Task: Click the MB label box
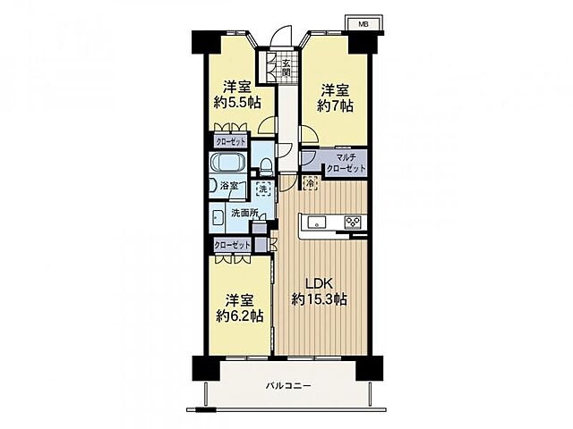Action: coord(363,24)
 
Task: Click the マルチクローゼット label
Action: coord(345,163)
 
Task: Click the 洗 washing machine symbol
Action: coord(262,189)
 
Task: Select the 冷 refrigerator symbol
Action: coord(310,184)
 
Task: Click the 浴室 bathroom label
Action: coord(229,186)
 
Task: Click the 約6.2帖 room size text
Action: coord(238,315)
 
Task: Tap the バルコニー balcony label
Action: coord(287,385)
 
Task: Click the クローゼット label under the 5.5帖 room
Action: coord(230,141)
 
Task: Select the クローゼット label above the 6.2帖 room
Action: coord(231,244)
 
